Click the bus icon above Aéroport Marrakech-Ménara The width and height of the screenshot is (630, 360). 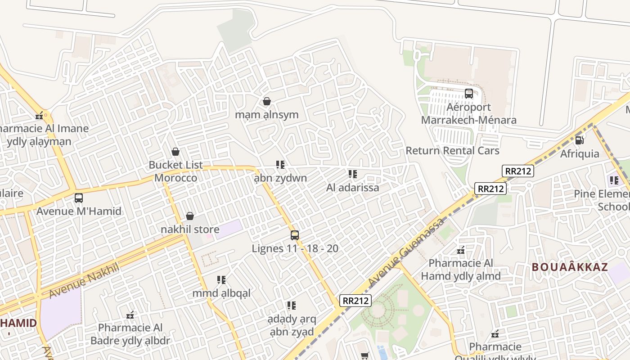469,94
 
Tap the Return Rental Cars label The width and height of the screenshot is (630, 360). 452,151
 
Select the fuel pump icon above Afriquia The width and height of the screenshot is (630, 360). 580,140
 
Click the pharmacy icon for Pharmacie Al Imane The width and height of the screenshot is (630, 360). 40,116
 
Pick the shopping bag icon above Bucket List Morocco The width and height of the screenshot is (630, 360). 175,152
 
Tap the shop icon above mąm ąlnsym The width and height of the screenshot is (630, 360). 267,101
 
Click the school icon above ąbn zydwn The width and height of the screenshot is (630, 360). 280,165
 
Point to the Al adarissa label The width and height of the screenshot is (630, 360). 352,188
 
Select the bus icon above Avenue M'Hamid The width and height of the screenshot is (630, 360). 79,198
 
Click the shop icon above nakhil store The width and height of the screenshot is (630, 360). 190,216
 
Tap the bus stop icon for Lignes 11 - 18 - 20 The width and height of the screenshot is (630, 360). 295,235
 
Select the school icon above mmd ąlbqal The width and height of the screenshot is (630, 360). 221,280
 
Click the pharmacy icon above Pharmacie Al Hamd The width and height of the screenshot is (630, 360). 461,250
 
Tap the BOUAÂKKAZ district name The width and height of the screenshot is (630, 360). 570,267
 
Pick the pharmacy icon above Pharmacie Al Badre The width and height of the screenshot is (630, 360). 130,315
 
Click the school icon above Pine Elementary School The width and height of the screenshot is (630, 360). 614,180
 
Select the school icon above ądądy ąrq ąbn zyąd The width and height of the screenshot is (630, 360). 292,306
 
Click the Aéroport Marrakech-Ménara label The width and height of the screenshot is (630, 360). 468,114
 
